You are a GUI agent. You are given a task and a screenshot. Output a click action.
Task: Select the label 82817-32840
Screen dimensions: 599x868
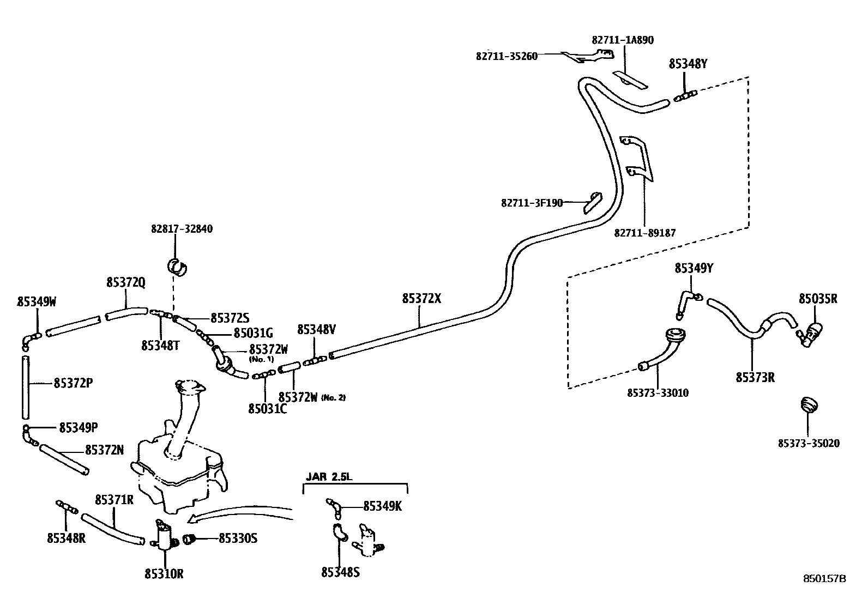[x=182, y=229]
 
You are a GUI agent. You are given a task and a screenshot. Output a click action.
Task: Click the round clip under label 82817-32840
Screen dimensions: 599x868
[x=177, y=267]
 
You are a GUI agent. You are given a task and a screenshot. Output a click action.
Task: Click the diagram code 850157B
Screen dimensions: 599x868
[x=824, y=579]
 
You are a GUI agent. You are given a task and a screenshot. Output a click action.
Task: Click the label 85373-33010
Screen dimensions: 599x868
[x=658, y=392]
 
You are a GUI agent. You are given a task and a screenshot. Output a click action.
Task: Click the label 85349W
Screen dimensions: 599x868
[x=37, y=301]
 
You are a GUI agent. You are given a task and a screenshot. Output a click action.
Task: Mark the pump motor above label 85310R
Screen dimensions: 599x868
[x=163, y=535]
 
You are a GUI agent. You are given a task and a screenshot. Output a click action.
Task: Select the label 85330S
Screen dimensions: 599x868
[x=238, y=539]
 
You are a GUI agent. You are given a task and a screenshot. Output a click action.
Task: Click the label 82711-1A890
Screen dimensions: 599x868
[x=623, y=40]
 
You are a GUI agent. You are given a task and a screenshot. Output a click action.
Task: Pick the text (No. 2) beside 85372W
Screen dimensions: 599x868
[x=334, y=397]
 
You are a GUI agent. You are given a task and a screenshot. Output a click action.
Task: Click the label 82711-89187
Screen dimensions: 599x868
[x=645, y=233]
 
